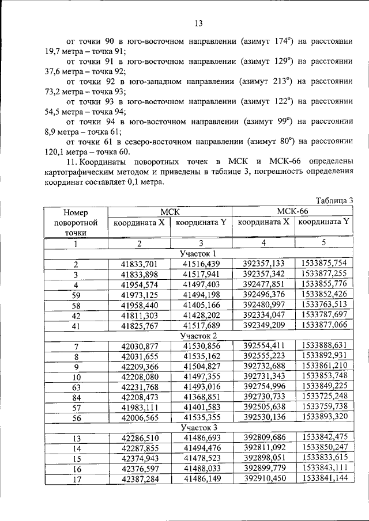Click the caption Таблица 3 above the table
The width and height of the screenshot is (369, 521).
tap(334, 200)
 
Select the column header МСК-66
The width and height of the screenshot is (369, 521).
tap(292, 211)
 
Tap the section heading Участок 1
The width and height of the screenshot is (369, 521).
tap(198, 253)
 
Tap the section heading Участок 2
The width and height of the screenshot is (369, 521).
tap(198, 336)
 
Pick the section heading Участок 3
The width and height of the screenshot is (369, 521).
tap(198, 428)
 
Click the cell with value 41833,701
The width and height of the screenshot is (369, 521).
tap(140, 264)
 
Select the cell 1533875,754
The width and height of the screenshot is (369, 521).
tap(324, 263)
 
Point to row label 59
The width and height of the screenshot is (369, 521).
tap(76, 295)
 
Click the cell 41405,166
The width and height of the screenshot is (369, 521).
tap(201, 305)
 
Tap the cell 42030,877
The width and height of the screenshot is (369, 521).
tap(140, 346)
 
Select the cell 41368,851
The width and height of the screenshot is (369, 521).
tap(201, 397)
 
